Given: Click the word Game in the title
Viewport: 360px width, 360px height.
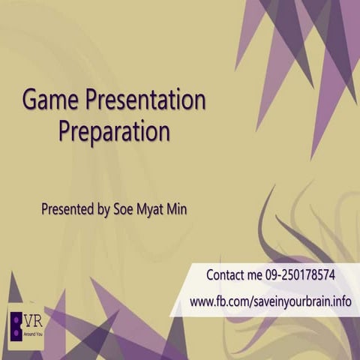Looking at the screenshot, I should pyautogui.click(x=51, y=100).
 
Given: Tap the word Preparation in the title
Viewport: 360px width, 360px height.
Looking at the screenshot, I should pyautogui.click(x=114, y=131).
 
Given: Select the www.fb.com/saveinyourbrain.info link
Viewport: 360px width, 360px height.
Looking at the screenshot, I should pyautogui.click(x=271, y=301).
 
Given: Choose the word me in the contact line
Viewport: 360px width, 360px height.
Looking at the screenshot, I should pyautogui.click(x=254, y=275).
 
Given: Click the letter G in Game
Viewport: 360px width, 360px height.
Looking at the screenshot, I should pyautogui.click(x=31, y=100).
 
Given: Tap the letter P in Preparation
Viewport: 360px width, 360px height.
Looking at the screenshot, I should pyautogui.click(x=65, y=131).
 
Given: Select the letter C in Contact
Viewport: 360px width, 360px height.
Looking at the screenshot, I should pyautogui.click(x=210, y=275).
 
